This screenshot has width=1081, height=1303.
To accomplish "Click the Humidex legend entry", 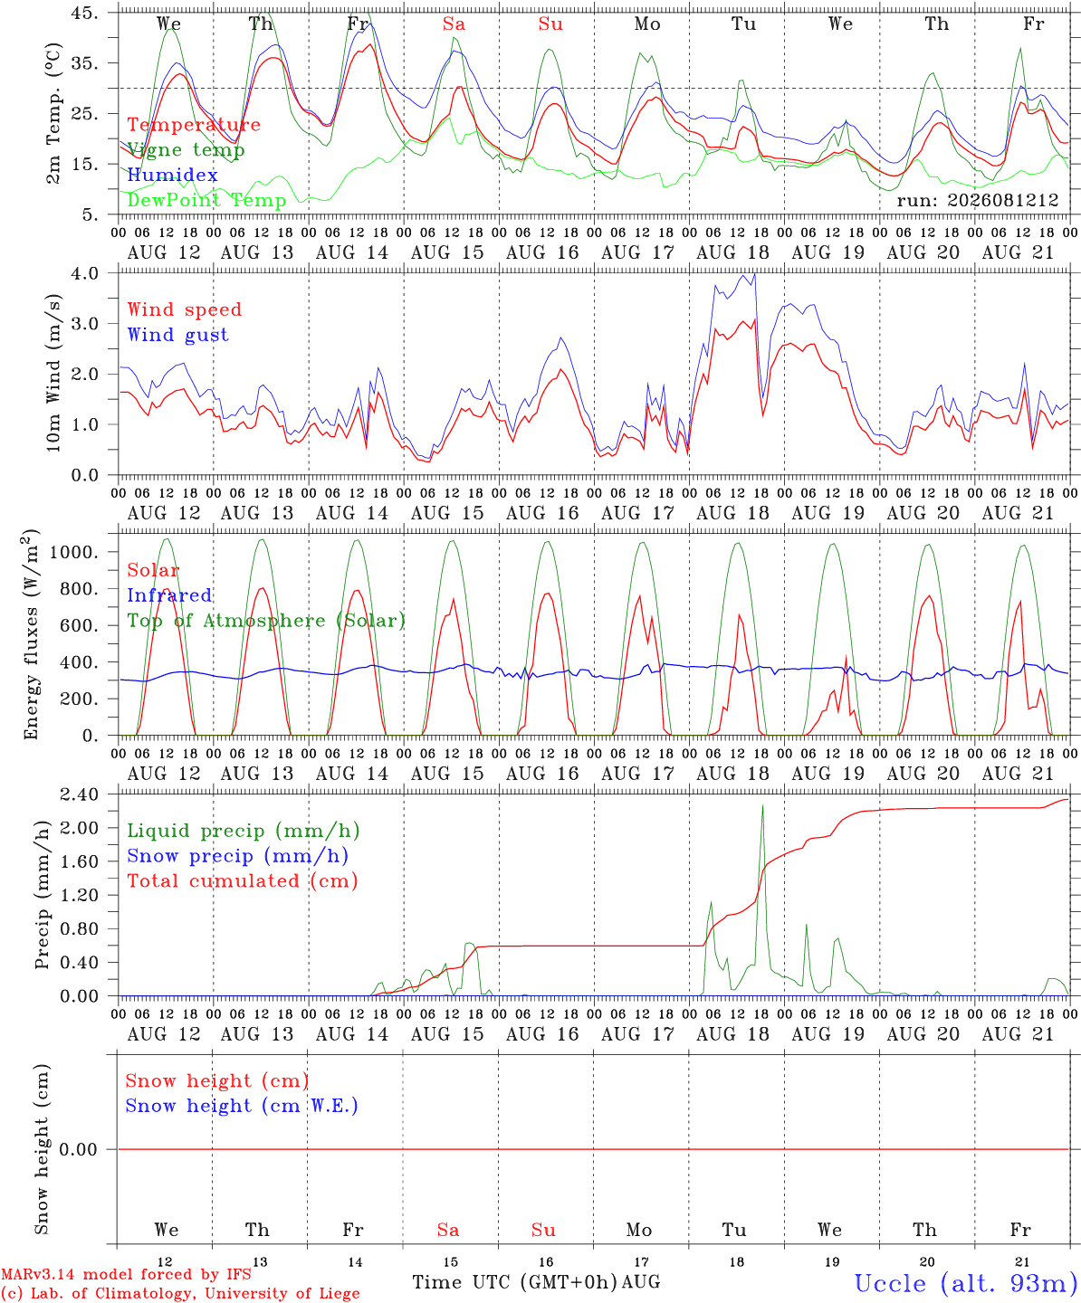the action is (172, 175).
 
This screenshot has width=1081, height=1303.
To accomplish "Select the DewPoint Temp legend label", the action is (206, 200).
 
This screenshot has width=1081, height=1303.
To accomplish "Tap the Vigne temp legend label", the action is (187, 150).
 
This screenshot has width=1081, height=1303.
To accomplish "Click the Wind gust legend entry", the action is (178, 335).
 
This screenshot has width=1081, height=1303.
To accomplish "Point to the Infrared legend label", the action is (169, 595).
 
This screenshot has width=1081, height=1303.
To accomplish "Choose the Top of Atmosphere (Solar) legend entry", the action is (267, 621).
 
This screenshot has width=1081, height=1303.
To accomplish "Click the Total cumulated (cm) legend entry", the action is (243, 881).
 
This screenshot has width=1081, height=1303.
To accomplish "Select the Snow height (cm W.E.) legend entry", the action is (242, 1106).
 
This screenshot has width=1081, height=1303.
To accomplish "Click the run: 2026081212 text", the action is (977, 200).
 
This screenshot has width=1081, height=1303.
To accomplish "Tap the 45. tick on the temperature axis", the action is (85, 13).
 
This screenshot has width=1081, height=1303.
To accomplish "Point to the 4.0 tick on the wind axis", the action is (85, 273).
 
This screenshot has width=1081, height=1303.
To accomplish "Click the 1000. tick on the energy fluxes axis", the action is (74, 552).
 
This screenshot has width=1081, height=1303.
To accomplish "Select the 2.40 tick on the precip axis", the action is (80, 794).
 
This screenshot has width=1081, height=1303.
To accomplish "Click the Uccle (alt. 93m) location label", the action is (967, 1284).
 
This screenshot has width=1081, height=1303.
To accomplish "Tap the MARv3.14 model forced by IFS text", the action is (126, 1274).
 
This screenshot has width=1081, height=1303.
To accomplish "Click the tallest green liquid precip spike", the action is (762, 806).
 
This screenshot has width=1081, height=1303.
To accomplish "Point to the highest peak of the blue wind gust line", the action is (755, 273).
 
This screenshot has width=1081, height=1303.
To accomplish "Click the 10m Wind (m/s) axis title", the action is (53, 373).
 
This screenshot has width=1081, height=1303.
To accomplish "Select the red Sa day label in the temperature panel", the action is (454, 24).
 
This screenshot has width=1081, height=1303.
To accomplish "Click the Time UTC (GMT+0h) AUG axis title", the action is (537, 1282).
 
